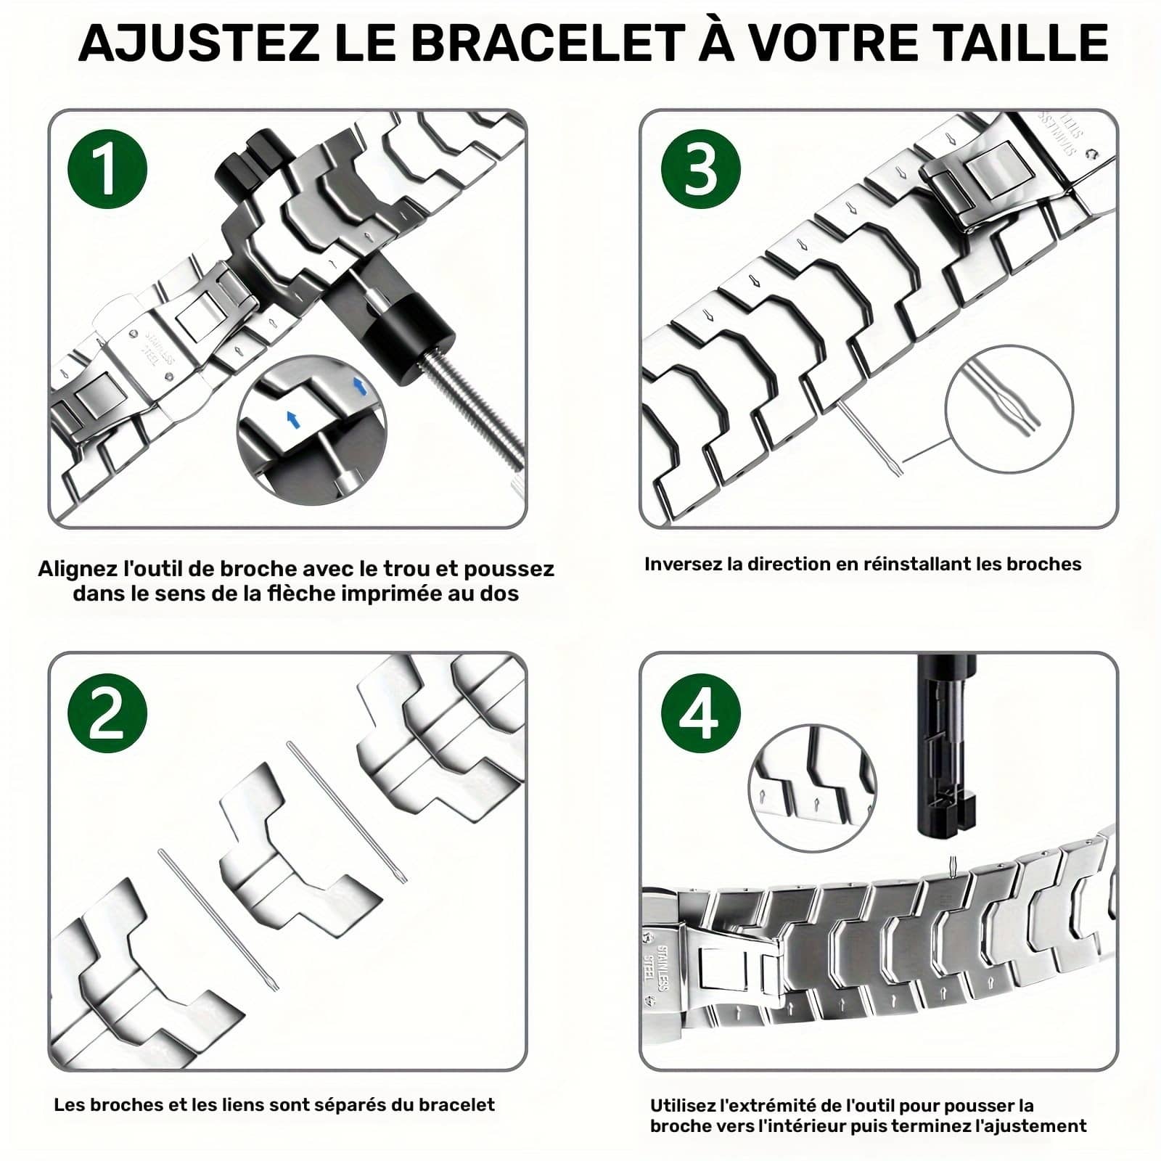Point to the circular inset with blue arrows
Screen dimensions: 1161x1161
click(312, 430)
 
